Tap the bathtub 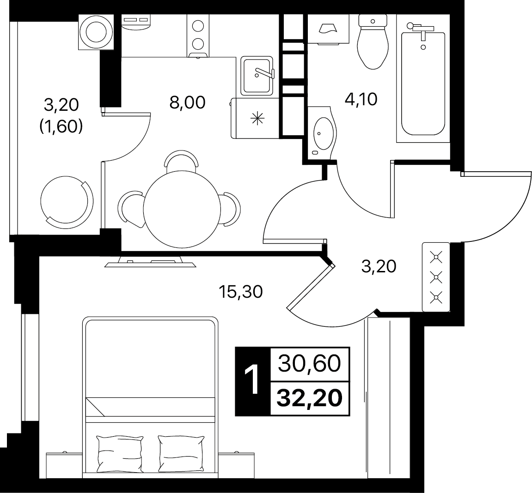[423, 83]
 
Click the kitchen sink [257, 76]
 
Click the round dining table [182, 210]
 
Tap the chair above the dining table [181, 159]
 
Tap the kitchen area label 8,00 [187, 102]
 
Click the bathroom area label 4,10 [361, 99]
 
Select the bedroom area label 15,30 [240, 291]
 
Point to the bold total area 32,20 [309, 398]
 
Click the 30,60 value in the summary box [309, 364]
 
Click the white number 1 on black [252, 380]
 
